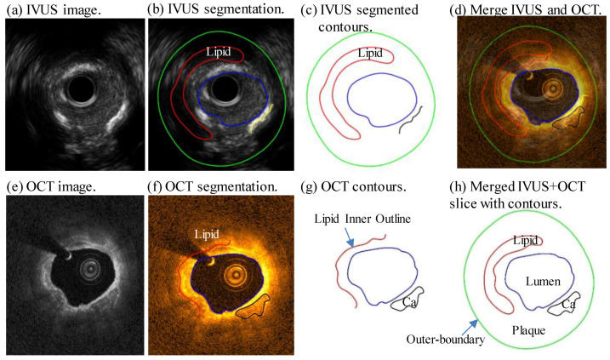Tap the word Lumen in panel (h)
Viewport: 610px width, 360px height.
pos(542,278)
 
